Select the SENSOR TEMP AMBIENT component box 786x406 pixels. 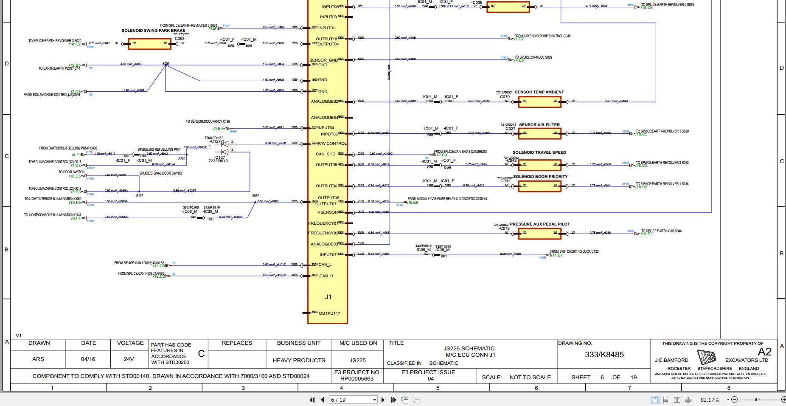tap(539, 102)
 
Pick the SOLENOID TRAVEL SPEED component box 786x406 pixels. tap(539, 165)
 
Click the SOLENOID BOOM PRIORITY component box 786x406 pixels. tap(539, 186)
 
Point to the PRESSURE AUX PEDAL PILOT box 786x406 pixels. tap(539, 234)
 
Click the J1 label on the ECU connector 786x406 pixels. tap(328, 297)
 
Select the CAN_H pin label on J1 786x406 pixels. tap(326, 276)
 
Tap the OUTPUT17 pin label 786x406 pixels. tap(329, 313)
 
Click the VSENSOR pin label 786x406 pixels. tap(328, 212)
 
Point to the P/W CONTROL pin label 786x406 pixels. tap(332, 144)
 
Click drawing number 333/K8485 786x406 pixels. tap(604, 355)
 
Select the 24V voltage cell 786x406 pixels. tap(129, 359)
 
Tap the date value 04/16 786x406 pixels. tap(88, 359)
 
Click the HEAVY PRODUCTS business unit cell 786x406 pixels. tap(299, 360)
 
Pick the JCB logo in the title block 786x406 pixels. tap(707, 357)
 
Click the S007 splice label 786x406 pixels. tap(166, 64)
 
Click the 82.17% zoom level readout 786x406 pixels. tap(710, 400)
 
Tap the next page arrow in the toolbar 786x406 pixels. tap(383, 400)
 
